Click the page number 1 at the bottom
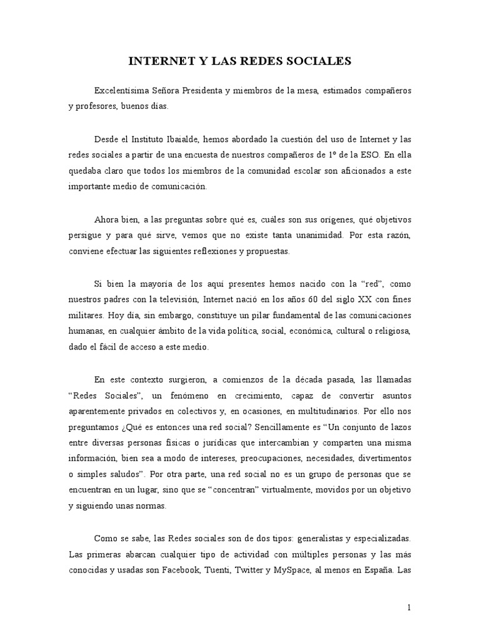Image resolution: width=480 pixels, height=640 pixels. [408, 607]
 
